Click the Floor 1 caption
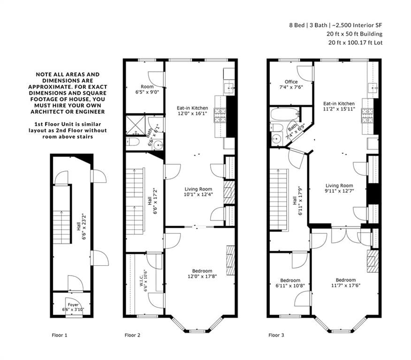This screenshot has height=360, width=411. [x=60, y=335]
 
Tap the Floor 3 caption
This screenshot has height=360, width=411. [x=276, y=335]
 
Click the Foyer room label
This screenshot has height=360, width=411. [x=73, y=305]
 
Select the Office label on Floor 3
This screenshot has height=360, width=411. [x=291, y=82]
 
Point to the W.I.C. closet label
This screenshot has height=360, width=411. [x=141, y=280]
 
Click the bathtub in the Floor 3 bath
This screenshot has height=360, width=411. [x=285, y=114]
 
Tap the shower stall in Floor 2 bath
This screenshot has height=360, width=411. [x=135, y=125]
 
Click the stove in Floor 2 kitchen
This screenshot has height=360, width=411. [x=220, y=115]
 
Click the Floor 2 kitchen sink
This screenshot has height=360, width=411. [x=229, y=89]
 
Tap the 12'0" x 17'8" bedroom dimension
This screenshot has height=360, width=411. [x=202, y=276]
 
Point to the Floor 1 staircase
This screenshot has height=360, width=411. [x=62, y=223]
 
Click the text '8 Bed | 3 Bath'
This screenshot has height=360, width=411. [x=308, y=25]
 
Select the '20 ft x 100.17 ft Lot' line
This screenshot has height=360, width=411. [x=355, y=42]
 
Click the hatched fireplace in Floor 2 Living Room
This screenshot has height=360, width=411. [x=229, y=193]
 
